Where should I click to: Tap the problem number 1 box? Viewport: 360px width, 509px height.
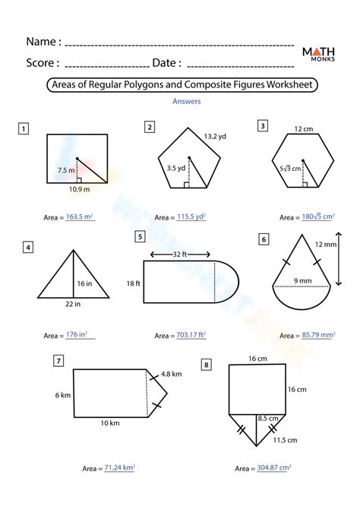(25, 128)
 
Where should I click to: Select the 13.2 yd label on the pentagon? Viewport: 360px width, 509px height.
(215, 136)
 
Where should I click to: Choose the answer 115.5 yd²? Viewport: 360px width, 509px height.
(188, 217)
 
